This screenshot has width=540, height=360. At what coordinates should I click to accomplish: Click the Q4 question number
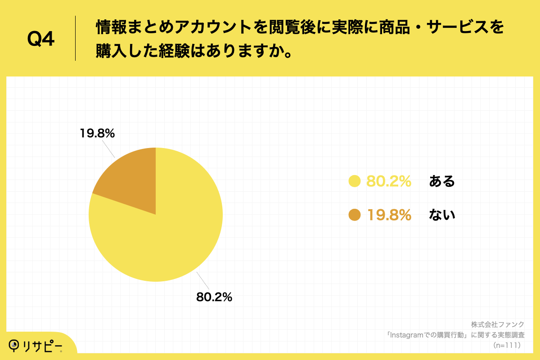click(x=41, y=39)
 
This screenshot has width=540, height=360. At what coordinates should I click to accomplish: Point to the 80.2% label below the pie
click(x=214, y=297)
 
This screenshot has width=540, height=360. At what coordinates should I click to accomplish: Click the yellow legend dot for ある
click(x=355, y=181)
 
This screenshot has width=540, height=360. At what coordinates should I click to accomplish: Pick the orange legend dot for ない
click(x=355, y=215)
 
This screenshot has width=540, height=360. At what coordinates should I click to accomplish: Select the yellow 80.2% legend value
click(x=389, y=181)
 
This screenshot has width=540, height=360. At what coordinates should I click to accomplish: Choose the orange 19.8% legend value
click(x=389, y=215)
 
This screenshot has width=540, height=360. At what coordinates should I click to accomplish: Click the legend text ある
click(x=442, y=181)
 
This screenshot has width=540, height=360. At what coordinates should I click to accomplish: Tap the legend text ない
click(x=442, y=215)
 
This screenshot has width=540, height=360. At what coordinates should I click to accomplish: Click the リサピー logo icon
click(x=15, y=345)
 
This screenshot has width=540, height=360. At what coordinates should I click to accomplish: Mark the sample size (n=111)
click(x=507, y=345)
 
